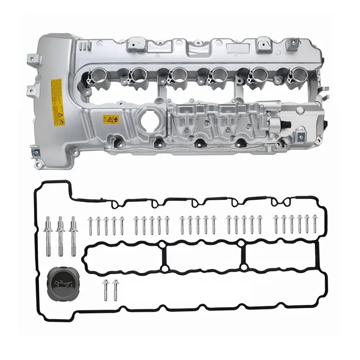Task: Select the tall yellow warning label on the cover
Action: coord(57,102)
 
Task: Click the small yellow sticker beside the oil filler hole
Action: coord(110,119)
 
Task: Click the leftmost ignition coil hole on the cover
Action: coord(97,75)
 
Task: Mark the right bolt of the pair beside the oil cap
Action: coord(115,288)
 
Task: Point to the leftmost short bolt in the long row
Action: coord(90,226)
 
